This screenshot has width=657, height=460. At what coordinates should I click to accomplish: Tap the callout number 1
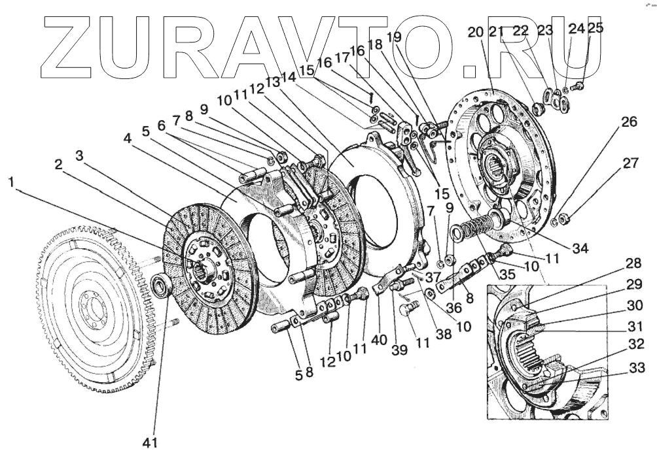point(12,183)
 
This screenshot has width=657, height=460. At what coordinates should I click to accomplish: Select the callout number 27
point(630,163)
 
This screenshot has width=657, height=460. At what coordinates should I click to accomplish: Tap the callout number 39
point(399,349)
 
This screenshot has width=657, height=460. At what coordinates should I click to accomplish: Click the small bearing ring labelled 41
point(161,284)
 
